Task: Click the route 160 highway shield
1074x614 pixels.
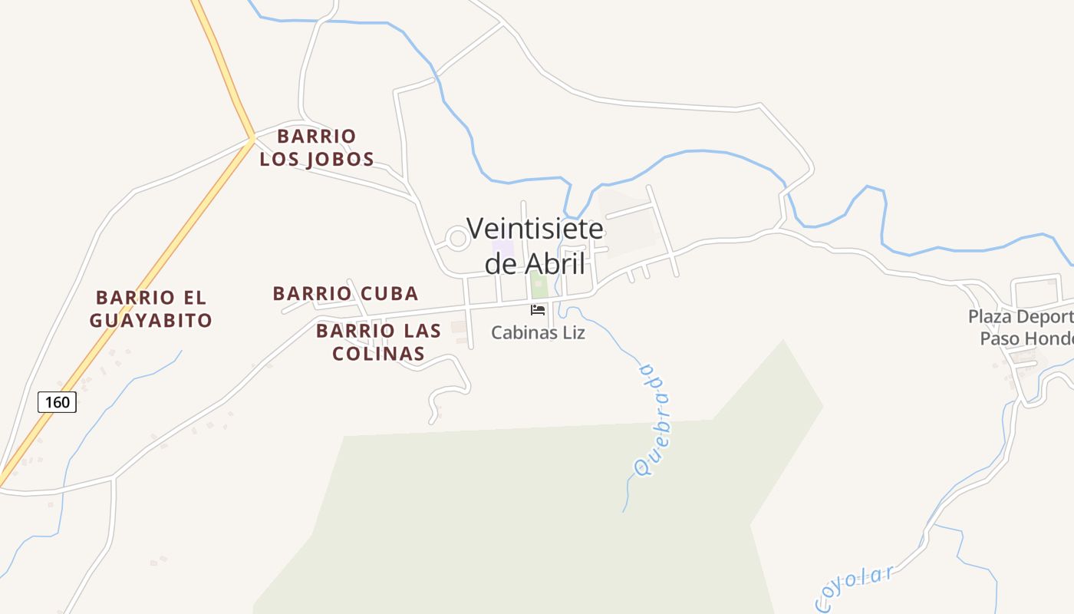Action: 57,401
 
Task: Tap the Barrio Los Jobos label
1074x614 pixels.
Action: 317,148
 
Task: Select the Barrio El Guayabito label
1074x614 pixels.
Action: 151,309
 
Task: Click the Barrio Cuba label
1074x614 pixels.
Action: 345,293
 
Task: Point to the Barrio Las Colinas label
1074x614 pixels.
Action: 379,342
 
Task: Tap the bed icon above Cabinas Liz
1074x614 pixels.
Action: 538,310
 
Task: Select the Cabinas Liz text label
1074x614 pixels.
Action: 538,333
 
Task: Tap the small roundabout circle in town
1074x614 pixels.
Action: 457,239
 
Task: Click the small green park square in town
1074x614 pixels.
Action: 539,285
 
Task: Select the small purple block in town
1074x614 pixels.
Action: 502,249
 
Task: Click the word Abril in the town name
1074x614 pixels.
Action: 555,264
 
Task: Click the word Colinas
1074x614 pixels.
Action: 379,354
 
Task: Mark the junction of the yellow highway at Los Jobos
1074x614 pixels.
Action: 252,138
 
